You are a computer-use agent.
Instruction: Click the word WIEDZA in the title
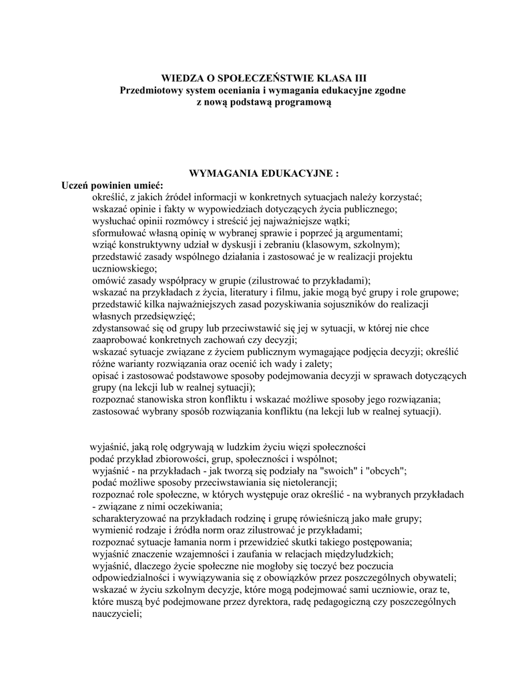[x=182, y=78]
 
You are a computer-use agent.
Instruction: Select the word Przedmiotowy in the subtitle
[x=149, y=90]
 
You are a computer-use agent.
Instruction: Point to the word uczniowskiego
[x=124, y=268]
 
